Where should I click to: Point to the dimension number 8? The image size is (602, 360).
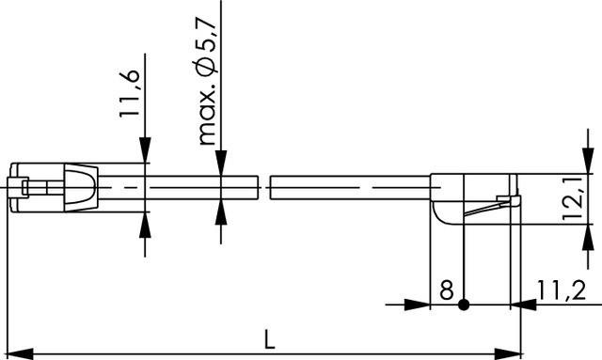[446, 290]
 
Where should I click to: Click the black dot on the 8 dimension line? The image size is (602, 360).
[464, 305]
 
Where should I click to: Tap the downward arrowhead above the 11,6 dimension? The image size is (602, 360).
[146, 151]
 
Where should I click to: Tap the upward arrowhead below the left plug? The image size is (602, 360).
[146, 224]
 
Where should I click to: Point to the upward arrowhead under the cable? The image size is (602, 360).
[219, 210]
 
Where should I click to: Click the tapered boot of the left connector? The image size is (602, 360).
[79, 186]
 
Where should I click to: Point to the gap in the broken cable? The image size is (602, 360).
[262, 186]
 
